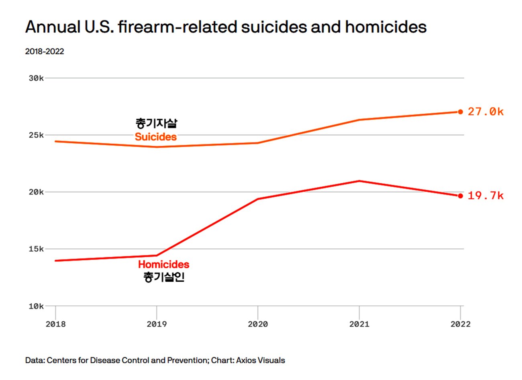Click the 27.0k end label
pyautogui.click(x=485, y=112)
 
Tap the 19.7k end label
pyautogui.click(x=485, y=195)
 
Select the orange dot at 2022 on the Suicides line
pyautogui.click(x=460, y=112)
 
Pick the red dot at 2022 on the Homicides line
pyautogui.click(x=460, y=196)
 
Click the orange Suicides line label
pyautogui.click(x=155, y=137)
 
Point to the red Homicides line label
pyautogui.click(x=163, y=264)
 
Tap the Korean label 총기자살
pyautogui.click(x=156, y=123)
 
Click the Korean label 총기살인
pyautogui.click(x=164, y=277)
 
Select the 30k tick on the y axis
pyautogui.click(x=36, y=78)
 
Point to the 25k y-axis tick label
pyautogui.click(x=36, y=135)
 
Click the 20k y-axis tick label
pyautogui.click(x=36, y=192)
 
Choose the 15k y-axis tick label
pyautogui.click(x=36, y=249)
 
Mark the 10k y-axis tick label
pyautogui.click(x=36, y=306)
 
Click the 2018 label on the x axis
pyautogui.click(x=55, y=324)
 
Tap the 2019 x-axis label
pyautogui.click(x=157, y=324)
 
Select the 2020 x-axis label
pyautogui.click(x=258, y=324)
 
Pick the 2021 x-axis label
pyautogui.click(x=359, y=324)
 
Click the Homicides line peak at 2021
pyautogui.click(x=359, y=181)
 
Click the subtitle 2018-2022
pyautogui.click(x=45, y=51)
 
